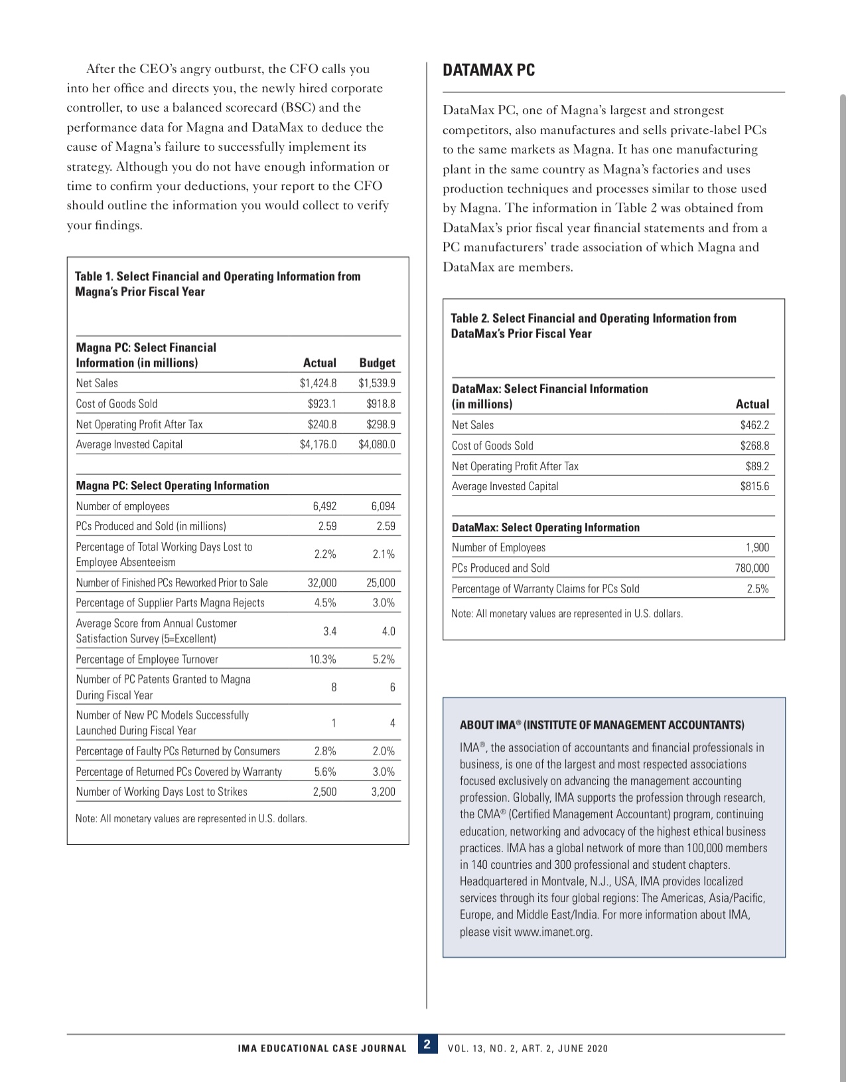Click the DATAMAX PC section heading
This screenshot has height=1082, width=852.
point(488,70)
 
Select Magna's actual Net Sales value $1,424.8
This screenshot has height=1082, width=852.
point(318,383)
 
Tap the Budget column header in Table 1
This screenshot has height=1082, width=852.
point(377,363)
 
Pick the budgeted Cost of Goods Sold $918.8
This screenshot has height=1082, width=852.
point(381,404)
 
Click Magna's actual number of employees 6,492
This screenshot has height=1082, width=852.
point(324,506)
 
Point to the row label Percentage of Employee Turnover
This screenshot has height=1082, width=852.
point(147,659)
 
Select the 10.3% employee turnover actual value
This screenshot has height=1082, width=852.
point(322,659)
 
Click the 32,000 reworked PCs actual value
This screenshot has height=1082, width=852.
point(322,583)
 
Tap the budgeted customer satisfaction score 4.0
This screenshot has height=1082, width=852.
point(388,631)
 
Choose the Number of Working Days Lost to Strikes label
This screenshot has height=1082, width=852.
point(161,792)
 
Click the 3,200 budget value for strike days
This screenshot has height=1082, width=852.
point(383,792)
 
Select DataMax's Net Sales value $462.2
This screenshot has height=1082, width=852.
point(754,425)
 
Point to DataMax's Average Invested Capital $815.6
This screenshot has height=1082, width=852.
point(754,486)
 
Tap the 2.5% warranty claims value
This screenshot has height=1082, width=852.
point(757,588)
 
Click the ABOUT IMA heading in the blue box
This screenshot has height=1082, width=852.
point(602,725)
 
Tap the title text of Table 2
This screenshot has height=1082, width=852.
point(593,325)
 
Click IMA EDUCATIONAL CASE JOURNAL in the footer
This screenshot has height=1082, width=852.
point(322,1049)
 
